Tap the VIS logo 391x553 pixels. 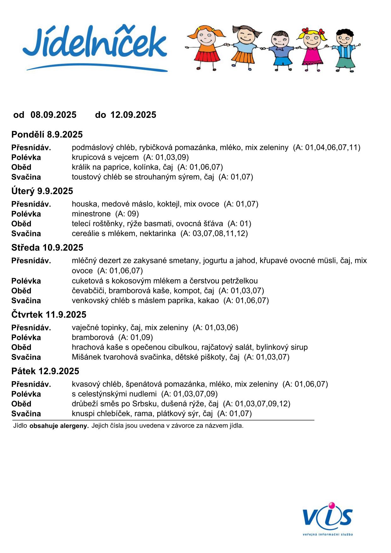(328, 517)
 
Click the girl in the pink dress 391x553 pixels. (312, 49)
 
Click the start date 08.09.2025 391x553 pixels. (53, 115)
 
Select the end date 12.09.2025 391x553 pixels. (133, 115)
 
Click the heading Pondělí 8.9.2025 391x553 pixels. (47, 135)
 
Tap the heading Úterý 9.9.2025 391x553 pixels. (42, 191)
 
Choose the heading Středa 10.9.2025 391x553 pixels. (47, 247)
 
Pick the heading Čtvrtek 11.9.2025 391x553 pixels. (49, 315)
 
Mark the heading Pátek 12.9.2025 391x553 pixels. (45, 371)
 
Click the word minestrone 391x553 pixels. (91, 214)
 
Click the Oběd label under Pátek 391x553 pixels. (21, 404)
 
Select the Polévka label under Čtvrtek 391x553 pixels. (26, 338)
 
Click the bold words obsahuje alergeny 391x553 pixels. (59, 426)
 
